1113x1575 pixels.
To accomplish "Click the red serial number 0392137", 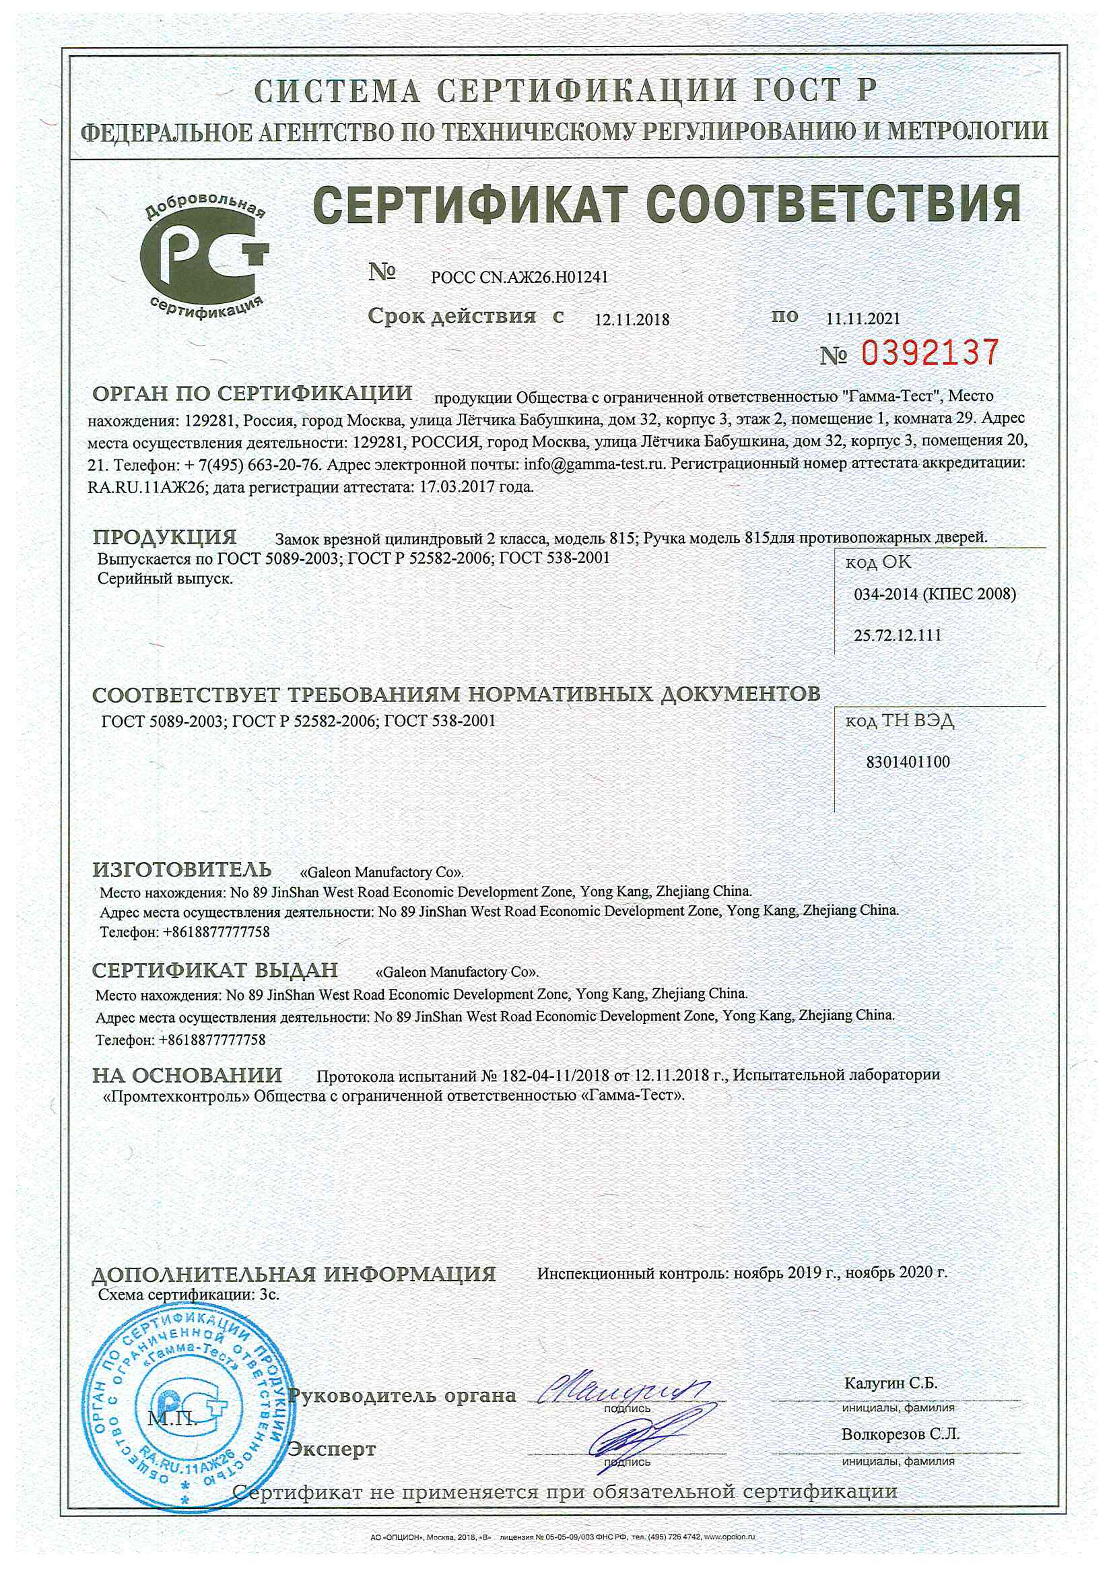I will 929,352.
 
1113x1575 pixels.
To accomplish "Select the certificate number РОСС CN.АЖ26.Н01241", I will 519,277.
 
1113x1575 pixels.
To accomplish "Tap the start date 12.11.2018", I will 632,319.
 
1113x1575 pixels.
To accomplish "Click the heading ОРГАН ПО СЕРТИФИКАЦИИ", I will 252,393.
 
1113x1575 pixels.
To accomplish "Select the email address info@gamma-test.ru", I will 595,463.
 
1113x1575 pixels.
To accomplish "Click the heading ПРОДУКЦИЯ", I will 164,537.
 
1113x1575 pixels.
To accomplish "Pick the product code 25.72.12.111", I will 897,635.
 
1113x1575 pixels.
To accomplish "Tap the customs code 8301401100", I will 908,762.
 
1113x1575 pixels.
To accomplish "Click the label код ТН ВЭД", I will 899,721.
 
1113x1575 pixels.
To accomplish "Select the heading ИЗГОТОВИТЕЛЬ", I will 182,870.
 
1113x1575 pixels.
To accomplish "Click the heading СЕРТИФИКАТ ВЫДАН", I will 215,970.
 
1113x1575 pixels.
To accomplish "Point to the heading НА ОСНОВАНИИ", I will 187,1075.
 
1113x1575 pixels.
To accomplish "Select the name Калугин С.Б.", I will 890,1384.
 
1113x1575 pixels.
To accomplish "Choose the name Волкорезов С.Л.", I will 900,1434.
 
